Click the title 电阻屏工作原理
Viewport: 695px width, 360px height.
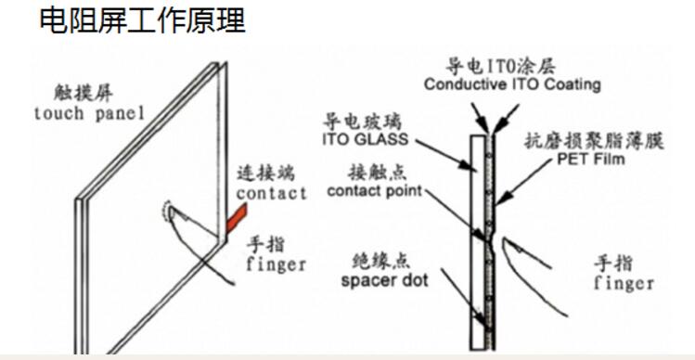coord(142,21)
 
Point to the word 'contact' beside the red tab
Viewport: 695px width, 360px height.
coord(271,193)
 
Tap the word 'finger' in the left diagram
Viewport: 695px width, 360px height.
coord(276,264)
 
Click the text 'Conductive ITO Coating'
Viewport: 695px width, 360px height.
coord(512,84)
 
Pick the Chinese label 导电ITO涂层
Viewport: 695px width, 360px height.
coord(513,67)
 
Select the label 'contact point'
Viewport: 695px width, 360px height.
coord(376,191)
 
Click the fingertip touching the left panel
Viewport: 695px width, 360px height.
coord(171,213)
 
